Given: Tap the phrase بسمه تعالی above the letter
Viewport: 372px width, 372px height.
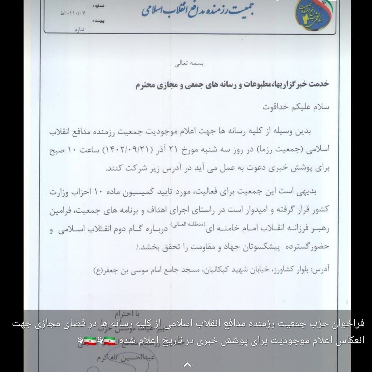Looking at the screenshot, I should (x=189, y=64).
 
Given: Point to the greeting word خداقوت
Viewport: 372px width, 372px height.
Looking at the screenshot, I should (x=275, y=107).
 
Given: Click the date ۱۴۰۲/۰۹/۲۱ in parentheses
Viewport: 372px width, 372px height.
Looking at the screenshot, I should (x=124, y=150).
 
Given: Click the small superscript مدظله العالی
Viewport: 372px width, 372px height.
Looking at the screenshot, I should (x=188, y=223).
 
